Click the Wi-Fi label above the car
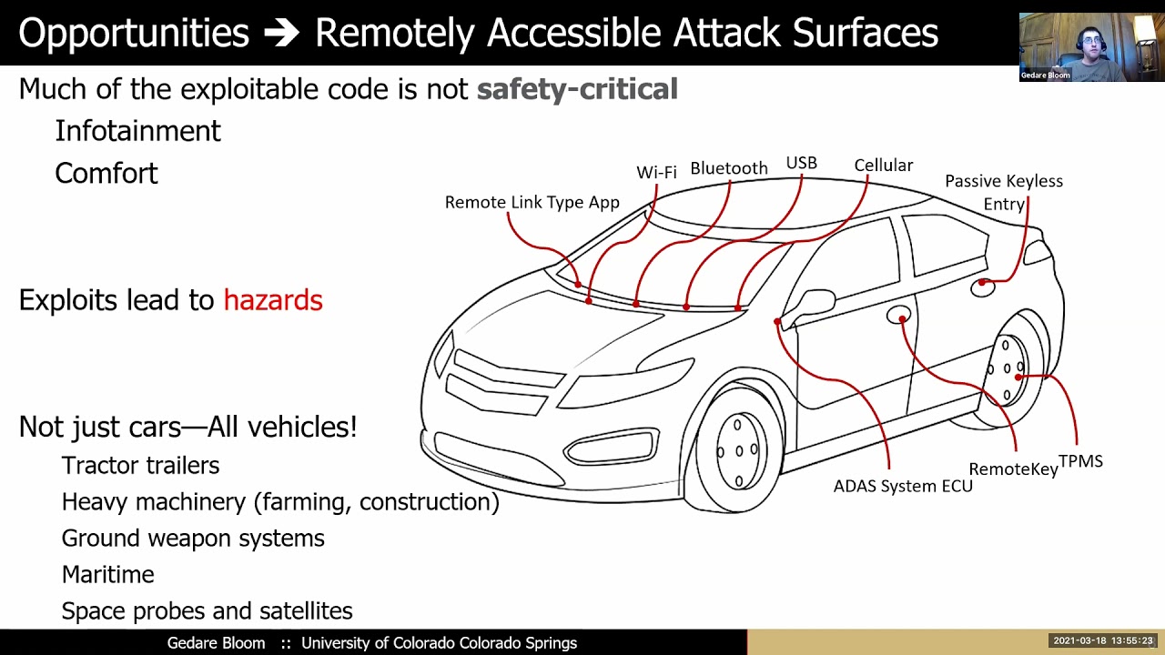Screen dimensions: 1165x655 point(656,172)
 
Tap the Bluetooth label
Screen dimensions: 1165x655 point(728,168)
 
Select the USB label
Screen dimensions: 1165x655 point(801,163)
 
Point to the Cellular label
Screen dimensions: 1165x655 point(883,166)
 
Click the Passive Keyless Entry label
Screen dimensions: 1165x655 point(1003,192)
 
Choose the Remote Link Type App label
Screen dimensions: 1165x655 point(532,202)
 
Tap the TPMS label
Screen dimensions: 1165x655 point(1080,461)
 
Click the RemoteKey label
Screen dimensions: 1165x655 point(1013,469)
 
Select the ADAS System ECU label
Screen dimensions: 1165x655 point(903,486)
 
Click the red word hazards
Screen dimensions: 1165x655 point(273,300)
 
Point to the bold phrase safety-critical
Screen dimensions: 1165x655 point(577,89)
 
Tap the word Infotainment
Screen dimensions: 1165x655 point(137,131)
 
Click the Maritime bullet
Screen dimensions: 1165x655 point(107,574)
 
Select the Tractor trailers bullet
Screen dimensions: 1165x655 point(140,465)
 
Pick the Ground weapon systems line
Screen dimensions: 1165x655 point(193,538)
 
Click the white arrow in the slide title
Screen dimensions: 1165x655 point(281,34)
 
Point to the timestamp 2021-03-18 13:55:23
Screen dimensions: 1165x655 point(1103,641)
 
